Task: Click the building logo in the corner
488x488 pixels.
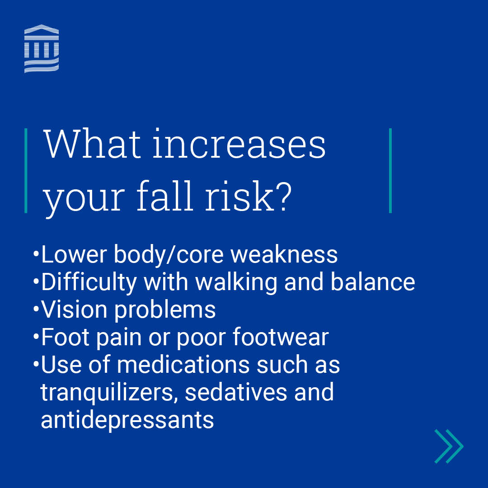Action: [x=42, y=49]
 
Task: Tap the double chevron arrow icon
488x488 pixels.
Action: [x=449, y=446]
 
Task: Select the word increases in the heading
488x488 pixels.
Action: [x=239, y=145]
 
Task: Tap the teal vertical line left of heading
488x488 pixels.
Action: [x=26, y=170]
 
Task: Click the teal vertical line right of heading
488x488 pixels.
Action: [x=390, y=170]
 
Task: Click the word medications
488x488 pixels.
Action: [x=183, y=365]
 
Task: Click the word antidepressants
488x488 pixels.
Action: [x=127, y=420]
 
